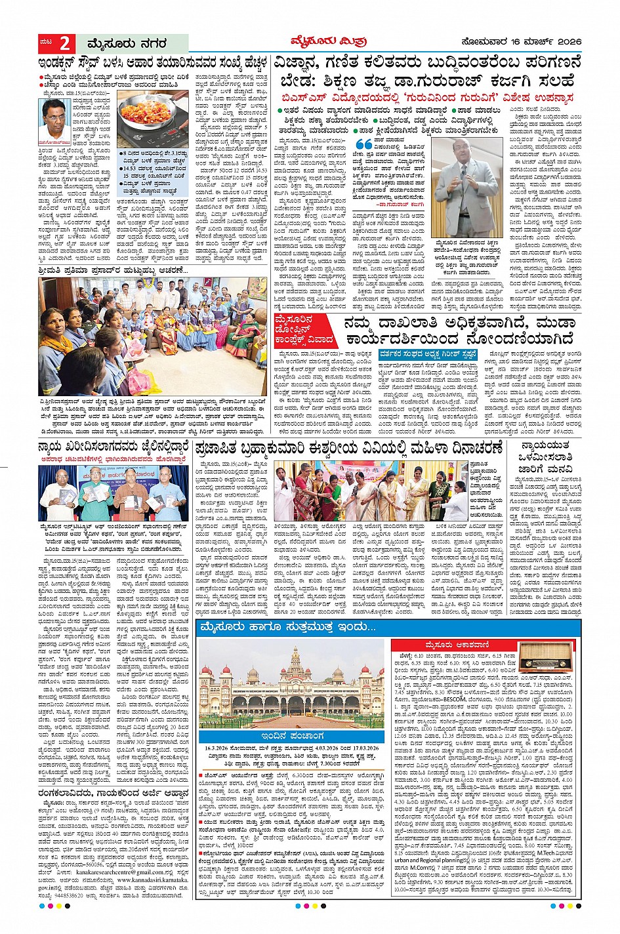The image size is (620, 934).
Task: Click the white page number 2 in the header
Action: click(x=64, y=44)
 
